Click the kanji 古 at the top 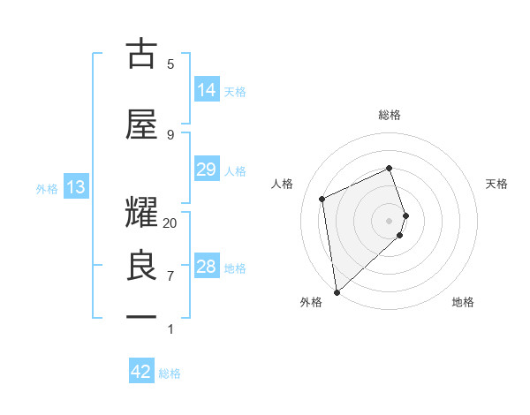pyautogui.click(x=142, y=54)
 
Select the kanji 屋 pyautogui.click(x=142, y=124)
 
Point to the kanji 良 pyautogui.click(x=142, y=266)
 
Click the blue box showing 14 pyautogui.click(x=206, y=89)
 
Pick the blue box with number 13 pyautogui.click(x=75, y=186)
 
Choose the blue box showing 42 pyautogui.click(x=141, y=372)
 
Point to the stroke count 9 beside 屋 pyautogui.click(x=170, y=134)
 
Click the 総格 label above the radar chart pyautogui.click(x=390, y=115)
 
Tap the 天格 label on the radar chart pyautogui.click(x=497, y=184)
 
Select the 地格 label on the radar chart pyautogui.click(x=463, y=302)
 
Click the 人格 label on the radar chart pyautogui.click(x=283, y=184)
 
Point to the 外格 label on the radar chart pyautogui.click(x=311, y=302)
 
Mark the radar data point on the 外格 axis pyautogui.click(x=336, y=291)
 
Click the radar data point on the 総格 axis pyautogui.click(x=390, y=169)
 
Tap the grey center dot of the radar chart pyautogui.click(x=390, y=220)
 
